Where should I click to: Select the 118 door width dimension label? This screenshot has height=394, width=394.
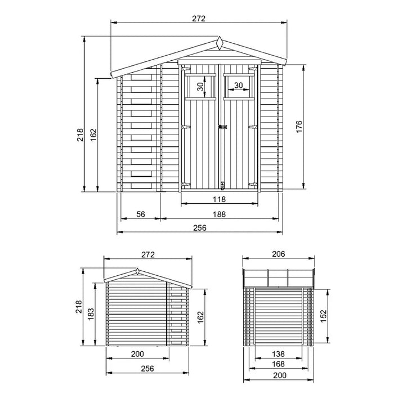220,199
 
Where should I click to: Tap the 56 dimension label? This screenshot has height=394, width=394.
141,214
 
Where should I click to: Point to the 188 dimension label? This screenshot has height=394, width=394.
220,214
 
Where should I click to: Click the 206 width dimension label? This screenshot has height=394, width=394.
278,254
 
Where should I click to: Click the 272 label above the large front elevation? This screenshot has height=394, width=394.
199,18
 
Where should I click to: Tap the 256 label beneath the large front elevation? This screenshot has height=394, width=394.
200,228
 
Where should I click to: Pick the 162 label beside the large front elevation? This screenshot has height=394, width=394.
93,135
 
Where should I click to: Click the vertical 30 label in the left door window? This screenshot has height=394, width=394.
200,86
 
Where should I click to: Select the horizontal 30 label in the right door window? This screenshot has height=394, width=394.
238,86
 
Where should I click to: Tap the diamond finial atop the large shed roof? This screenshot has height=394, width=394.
220,42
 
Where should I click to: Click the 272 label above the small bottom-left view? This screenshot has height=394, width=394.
147,254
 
